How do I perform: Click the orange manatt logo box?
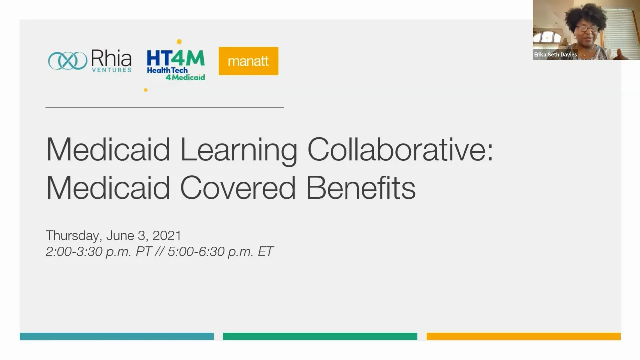tap(248, 61)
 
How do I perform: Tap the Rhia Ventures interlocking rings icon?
tap(68, 61)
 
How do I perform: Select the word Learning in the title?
tap(239, 150)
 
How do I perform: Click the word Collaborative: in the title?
tap(400, 149)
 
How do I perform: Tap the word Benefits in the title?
tap(361, 188)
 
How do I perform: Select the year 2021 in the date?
tap(167, 235)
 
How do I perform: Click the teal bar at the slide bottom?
tap(117, 336)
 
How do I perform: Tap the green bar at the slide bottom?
tap(320, 336)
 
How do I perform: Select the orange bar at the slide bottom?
tap(523, 336)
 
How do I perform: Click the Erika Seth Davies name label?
tap(555, 55)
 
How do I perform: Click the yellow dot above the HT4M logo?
tap(179, 42)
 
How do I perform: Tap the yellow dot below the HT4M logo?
tap(146, 90)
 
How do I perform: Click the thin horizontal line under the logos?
tap(164, 107)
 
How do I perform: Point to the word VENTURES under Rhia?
tap(111, 70)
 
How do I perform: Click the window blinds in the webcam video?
tap(622, 25)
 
